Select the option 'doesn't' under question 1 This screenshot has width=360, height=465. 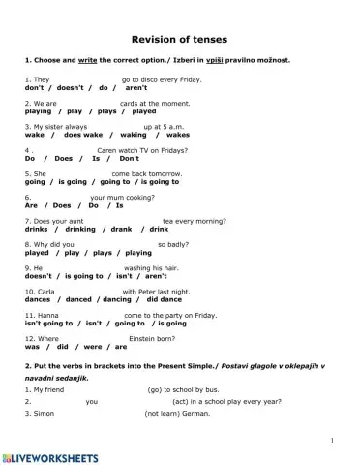64,87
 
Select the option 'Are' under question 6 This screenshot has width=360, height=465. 31,205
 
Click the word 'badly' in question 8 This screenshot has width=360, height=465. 175,244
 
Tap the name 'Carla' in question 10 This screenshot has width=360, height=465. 38,291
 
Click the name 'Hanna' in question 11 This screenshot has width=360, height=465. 40,315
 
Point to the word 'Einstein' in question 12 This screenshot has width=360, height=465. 161,338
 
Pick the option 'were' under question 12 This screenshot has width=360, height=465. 92,347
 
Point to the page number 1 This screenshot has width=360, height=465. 332,441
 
